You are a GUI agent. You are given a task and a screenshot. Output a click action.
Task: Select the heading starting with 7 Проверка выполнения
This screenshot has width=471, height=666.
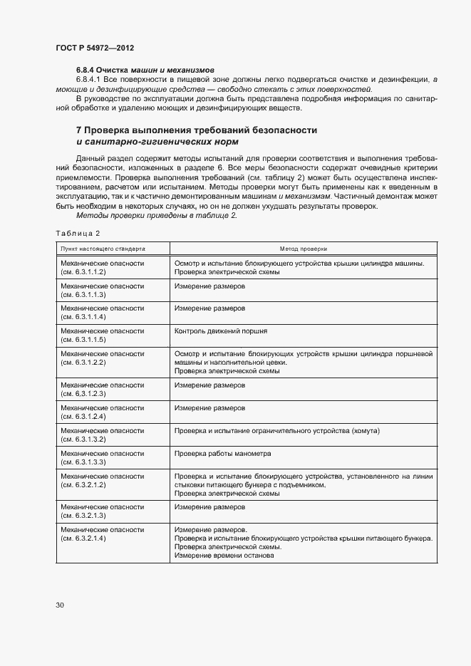196,130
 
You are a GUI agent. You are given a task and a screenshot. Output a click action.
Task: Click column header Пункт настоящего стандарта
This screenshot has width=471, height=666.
103,249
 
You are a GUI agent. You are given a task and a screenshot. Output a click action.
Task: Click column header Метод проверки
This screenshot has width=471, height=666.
303,249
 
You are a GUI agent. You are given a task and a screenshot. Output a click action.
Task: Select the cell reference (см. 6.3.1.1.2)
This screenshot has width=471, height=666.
83,272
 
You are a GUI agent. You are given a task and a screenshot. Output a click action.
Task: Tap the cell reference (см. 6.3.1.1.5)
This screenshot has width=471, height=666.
83,340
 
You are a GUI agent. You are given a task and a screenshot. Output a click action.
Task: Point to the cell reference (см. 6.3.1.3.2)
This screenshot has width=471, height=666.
83,439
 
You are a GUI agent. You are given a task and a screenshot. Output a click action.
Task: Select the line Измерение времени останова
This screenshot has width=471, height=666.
224,556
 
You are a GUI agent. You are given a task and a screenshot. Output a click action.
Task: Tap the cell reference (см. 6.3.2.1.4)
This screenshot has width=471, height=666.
83,538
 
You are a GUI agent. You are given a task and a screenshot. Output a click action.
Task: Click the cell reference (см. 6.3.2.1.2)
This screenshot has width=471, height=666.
83,484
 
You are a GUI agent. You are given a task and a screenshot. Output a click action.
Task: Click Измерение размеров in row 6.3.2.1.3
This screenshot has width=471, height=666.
209,507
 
